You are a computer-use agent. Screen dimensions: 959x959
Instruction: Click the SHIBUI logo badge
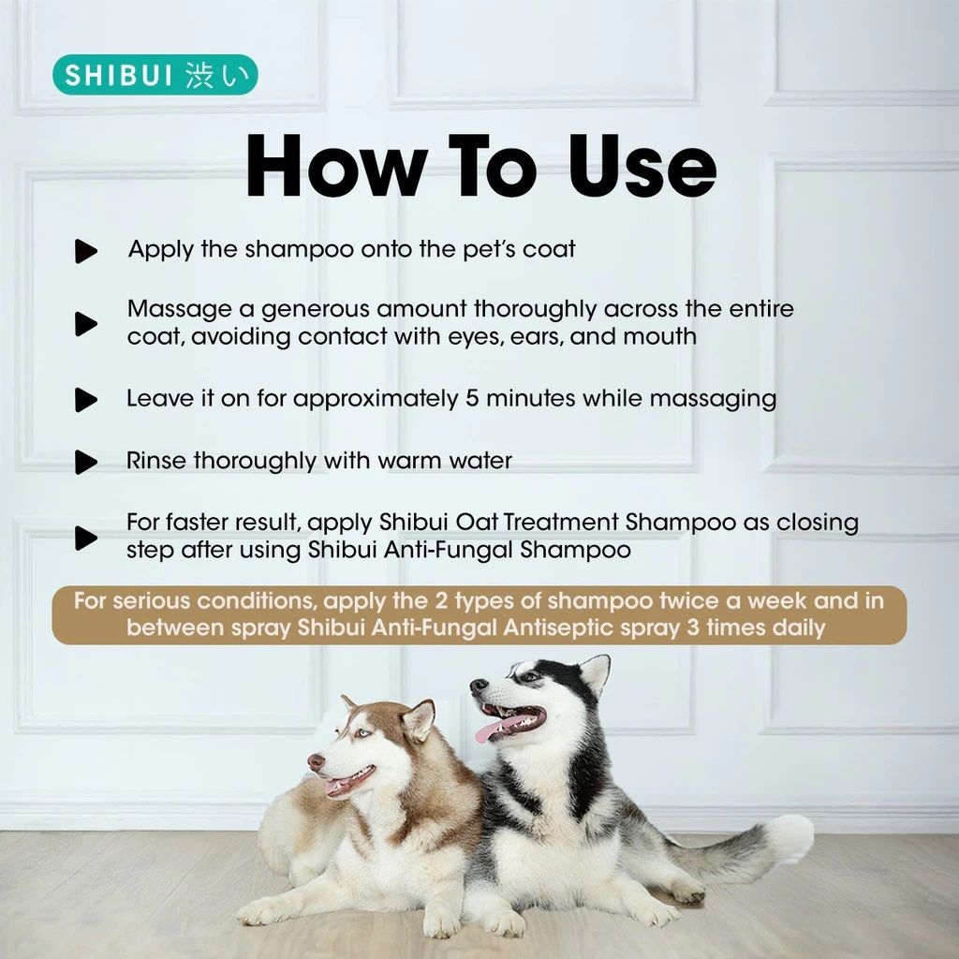tap(155, 75)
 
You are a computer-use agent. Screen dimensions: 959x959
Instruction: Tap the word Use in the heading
tap(642, 167)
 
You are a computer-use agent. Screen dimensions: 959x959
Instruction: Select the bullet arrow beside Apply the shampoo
tap(86, 251)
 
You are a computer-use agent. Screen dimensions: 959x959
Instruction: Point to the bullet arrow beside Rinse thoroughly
tap(86, 462)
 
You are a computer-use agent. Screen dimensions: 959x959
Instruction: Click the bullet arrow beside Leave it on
tap(86, 399)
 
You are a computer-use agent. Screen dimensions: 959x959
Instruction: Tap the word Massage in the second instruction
tap(180, 310)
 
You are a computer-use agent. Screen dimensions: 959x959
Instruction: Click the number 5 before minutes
tap(472, 399)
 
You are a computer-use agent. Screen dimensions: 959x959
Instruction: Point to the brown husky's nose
tap(317, 762)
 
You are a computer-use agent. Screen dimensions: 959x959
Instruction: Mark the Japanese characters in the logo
tap(217, 75)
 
